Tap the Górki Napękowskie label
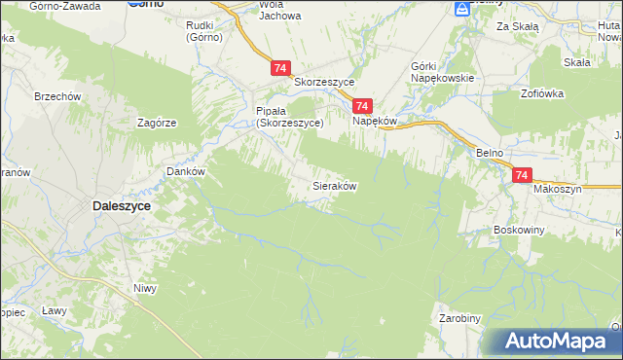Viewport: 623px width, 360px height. pos(442,71)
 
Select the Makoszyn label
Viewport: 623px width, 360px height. pos(557,189)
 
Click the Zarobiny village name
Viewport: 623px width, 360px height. pos(459,318)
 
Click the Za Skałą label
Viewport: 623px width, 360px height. pos(517,26)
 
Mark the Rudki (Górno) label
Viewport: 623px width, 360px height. pos(204,31)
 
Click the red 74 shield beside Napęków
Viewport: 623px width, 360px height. pos(362,106)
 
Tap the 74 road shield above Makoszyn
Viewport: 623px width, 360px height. pos(522,175)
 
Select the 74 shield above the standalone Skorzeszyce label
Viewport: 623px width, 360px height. pos(280,68)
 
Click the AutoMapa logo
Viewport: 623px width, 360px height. pos(555,342)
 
